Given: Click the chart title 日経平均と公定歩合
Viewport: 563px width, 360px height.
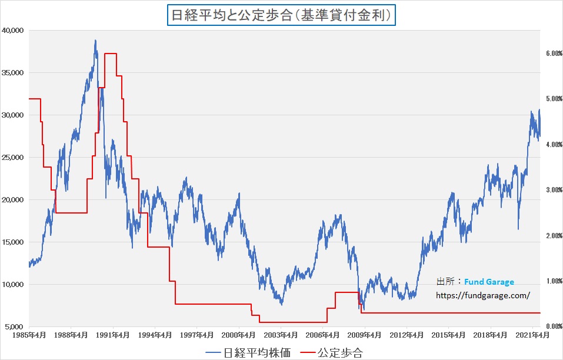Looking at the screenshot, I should point(282,14).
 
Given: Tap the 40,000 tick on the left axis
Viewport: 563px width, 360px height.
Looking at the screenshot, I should point(13,30).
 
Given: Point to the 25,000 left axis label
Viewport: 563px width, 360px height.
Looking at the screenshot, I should point(13,157).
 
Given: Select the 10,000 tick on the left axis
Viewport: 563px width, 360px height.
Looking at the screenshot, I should point(13,284).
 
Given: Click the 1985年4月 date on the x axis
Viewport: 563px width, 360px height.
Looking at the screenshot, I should point(29,335).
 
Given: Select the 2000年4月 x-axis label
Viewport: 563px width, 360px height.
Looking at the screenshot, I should point(239,335).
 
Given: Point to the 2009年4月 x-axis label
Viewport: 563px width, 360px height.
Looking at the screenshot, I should point(365,335).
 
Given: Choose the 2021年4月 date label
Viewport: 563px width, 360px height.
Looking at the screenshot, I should point(532,335).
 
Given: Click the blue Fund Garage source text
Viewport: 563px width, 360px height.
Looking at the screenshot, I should point(489,282).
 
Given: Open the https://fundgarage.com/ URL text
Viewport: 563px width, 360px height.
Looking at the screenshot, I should point(482,296).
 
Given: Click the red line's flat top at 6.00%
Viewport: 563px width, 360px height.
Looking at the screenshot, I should point(110,54).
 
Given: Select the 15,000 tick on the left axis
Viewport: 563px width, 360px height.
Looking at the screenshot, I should point(13,242).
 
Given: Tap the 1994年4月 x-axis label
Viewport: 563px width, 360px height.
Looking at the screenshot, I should point(155,335).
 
